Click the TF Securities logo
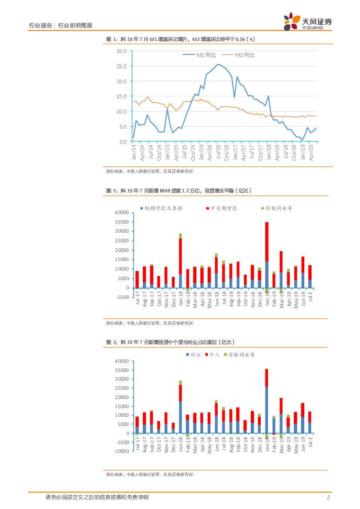click(x=307, y=22)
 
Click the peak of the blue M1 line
click(x=218, y=64)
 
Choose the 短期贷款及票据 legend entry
click(x=161, y=208)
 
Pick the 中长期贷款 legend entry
click(x=222, y=208)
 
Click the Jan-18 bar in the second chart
click(x=180, y=261)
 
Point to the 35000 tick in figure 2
click(x=122, y=222)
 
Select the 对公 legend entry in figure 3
click(x=194, y=355)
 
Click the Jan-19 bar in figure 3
click(x=266, y=400)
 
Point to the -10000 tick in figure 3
click(x=121, y=451)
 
